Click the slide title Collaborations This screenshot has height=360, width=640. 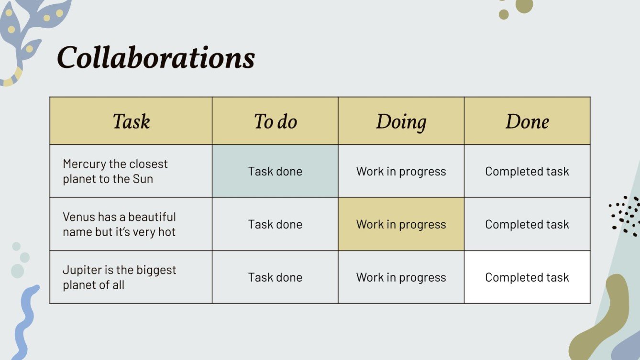[156, 57]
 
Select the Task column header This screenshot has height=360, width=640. [131, 121]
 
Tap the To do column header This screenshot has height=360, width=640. [276, 121]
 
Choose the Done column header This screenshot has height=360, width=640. [527, 121]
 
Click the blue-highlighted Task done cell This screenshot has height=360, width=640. [275, 171]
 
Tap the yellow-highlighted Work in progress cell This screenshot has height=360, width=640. [401, 224]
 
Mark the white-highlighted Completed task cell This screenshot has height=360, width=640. [527, 277]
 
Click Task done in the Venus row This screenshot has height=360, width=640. [275, 224]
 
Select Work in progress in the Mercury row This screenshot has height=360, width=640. [401, 172]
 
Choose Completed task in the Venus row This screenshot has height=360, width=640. [527, 225]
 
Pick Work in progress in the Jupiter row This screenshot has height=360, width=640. [401, 277]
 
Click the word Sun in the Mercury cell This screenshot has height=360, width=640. [143, 179]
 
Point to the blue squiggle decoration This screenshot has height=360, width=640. [26, 323]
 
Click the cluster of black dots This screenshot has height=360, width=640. [625, 216]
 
